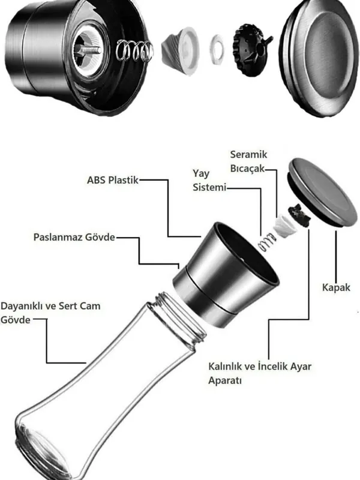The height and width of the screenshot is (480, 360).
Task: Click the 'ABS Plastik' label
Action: coord(113,180)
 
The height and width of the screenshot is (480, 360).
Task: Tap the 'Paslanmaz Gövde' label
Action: coord(74,237)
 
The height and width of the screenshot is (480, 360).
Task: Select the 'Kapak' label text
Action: coord(336,287)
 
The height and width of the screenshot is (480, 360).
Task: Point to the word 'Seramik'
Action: coord(248,154)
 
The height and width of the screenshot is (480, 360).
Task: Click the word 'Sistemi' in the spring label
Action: coord(209,187)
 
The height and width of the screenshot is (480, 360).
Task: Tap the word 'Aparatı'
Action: coord(225,380)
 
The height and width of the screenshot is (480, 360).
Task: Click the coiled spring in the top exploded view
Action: coord(134,50)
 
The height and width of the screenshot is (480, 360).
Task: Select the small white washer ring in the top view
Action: coord(217,50)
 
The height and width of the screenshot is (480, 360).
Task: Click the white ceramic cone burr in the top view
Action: coord(181,51)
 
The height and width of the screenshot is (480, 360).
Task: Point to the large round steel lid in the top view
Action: coord(319,58)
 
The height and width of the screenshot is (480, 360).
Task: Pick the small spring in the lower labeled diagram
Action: coord(266,242)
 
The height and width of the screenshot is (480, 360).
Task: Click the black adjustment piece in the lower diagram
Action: coord(299,215)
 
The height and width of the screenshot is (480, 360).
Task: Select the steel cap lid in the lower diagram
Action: coord(322,192)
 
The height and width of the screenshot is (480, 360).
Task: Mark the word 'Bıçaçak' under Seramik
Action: coord(247,169)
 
